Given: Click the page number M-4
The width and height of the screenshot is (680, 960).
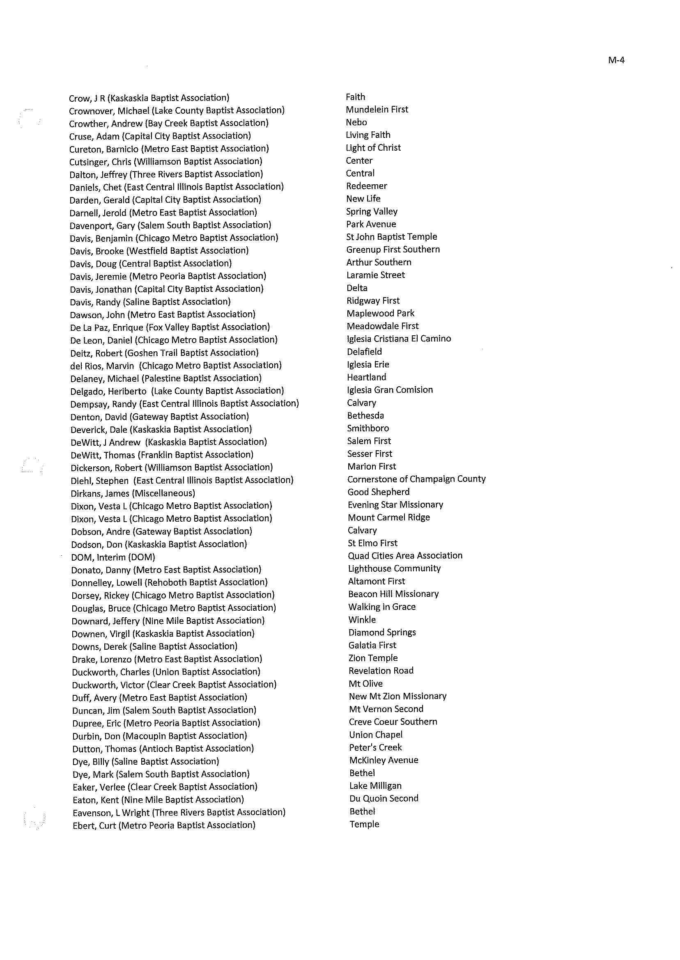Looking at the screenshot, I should (616, 60).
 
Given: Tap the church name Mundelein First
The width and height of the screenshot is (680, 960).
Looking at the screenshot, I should (377, 110).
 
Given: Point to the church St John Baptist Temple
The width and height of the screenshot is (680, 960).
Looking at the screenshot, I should (391, 237).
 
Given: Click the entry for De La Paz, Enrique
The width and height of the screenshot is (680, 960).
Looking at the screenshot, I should (170, 327).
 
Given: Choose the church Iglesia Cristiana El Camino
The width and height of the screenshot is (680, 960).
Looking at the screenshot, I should (399, 339).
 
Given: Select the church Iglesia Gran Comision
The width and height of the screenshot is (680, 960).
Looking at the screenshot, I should (390, 390).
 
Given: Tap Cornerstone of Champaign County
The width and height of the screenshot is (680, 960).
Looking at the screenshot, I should (417, 479).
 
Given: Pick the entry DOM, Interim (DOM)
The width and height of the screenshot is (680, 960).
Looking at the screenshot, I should (113, 557).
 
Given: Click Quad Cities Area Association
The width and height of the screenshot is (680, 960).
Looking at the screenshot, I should (405, 556).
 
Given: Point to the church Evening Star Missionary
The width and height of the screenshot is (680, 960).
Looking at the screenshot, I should (395, 505).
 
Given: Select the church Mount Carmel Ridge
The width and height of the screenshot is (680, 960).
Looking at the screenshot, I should (389, 518).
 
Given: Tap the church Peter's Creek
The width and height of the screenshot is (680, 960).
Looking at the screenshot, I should (376, 747).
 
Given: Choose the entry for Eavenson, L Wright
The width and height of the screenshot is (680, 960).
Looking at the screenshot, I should (179, 812).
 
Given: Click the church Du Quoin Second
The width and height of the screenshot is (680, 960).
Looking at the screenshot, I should (384, 798).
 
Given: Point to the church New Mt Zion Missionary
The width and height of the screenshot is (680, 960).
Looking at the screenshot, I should (398, 697).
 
